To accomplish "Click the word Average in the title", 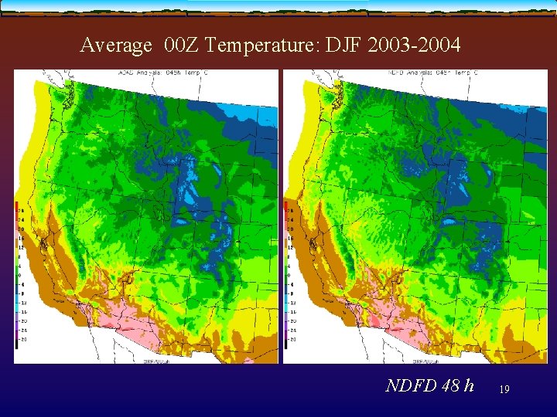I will (116, 46).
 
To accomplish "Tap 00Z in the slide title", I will (183, 46).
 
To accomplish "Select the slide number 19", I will (504, 391).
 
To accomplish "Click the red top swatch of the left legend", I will (17, 205).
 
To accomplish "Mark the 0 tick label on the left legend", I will (22, 274).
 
